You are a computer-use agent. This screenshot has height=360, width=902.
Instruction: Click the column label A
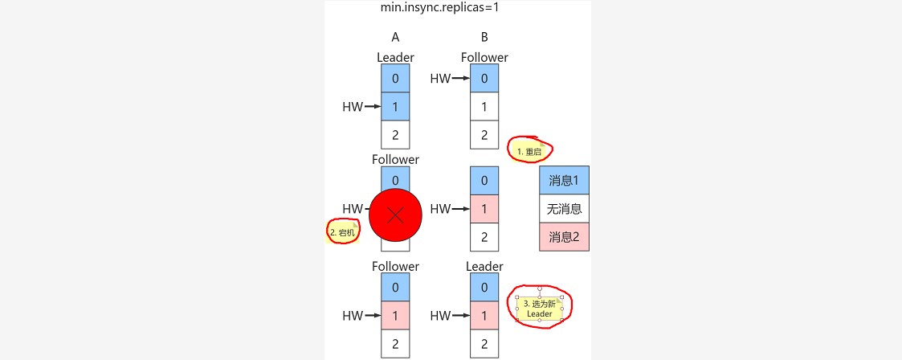click(x=395, y=37)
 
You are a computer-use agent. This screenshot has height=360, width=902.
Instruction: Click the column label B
click(x=484, y=37)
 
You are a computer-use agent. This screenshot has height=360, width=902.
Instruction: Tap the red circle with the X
click(x=395, y=215)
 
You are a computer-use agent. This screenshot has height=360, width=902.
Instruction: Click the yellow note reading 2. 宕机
click(x=342, y=232)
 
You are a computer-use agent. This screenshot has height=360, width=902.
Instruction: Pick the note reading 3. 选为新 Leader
click(x=540, y=309)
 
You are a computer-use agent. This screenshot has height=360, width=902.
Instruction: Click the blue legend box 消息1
click(x=564, y=180)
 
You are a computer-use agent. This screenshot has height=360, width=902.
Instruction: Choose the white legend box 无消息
click(x=564, y=209)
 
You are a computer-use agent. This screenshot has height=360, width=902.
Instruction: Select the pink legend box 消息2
click(x=564, y=237)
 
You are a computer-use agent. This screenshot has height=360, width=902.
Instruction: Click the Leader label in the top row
click(x=395, y=58)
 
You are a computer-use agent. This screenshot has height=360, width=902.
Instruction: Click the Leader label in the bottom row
click(x=484, y=266)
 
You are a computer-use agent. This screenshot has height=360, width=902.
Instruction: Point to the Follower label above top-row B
click(x=484, y=58)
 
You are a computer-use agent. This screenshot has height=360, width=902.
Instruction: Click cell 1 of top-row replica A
click(x=395, y=106)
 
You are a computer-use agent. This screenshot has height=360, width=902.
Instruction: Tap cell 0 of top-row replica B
click(x=484, y=78)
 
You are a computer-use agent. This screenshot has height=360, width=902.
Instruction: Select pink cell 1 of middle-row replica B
click(x=484, y=209)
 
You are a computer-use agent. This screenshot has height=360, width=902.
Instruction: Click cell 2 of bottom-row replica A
click(x=395, y=344)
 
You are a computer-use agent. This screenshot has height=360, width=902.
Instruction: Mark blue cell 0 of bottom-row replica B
click(x=484, y=287)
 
